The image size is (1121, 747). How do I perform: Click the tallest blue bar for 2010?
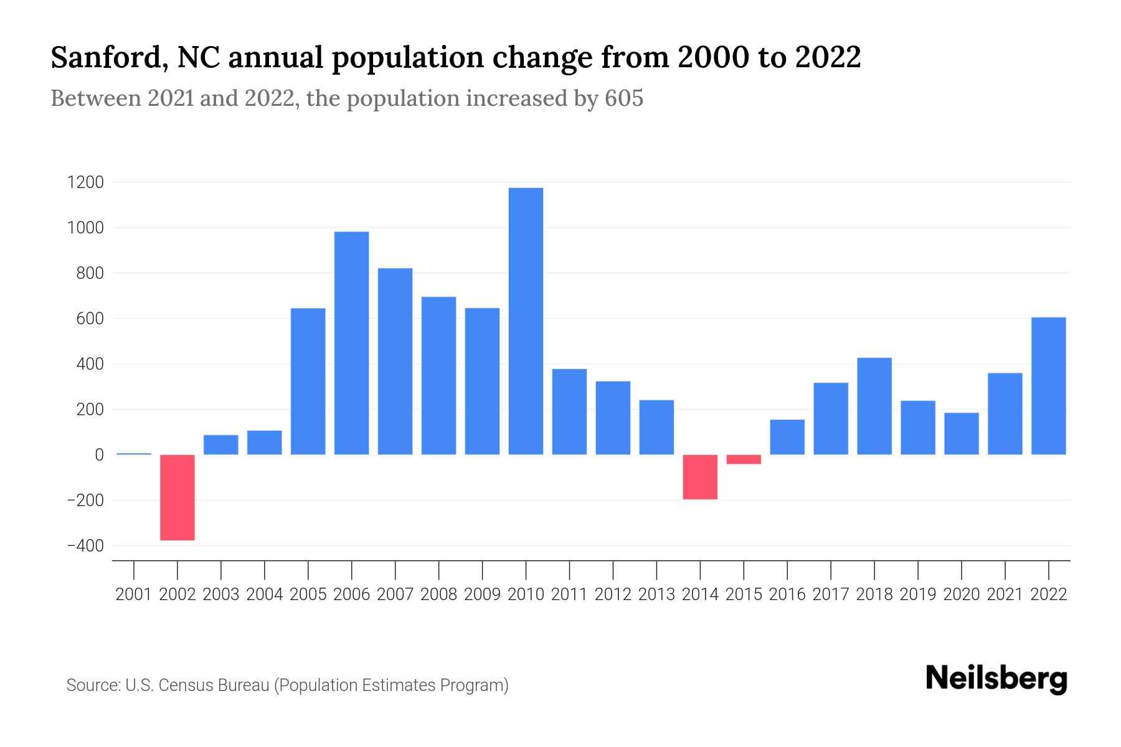[526, 321]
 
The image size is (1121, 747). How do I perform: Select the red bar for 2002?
[177, 497]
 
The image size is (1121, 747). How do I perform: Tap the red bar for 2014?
[700, 477]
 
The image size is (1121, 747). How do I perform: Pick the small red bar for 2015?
[744, 459]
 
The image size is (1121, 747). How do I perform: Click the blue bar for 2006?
[351, 343]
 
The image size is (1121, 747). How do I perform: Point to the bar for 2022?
[1048, 386]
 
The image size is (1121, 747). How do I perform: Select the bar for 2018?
[874, 406]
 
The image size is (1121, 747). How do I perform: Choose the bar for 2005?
[308, 381]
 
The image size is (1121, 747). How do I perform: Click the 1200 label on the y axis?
[86, 182]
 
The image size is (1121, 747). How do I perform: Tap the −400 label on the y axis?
[85, 546]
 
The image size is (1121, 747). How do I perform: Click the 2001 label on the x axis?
[134, 594]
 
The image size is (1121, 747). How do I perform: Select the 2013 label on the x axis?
[656, 594]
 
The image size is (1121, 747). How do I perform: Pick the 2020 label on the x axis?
[962, 594]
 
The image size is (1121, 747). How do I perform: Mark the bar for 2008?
[438, 375]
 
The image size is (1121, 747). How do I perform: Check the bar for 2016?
[787, 437]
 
